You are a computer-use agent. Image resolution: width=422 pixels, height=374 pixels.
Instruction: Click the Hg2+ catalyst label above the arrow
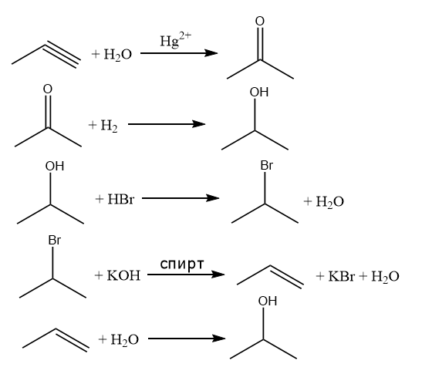coord(176,40)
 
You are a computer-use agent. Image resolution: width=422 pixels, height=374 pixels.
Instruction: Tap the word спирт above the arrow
coord(182,264)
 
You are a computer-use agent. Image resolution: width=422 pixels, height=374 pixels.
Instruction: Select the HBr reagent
coord(120,199)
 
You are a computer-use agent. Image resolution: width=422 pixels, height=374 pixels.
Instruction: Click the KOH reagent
coord(123,275)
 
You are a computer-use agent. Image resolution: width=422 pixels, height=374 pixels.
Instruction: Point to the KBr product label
coord(341,276)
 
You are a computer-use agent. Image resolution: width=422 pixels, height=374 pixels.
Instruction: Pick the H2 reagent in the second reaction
coord(109,126)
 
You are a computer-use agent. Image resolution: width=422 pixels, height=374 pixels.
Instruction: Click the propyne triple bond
coord(63,55)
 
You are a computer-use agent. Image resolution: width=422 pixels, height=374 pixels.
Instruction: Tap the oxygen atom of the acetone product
coord(260,22)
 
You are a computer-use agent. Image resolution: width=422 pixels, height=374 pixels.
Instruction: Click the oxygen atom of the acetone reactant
coord(48,89)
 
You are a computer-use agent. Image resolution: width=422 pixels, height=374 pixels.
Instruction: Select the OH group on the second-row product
coord(259,92)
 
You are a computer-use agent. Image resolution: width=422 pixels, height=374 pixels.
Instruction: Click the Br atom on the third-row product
coord(267,165)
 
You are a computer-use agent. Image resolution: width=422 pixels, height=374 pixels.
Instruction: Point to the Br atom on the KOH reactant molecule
coord(54,241)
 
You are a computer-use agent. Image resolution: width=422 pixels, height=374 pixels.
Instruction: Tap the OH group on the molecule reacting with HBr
coord(55,166)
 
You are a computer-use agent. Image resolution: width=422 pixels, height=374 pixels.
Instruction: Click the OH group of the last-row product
coord(268,301)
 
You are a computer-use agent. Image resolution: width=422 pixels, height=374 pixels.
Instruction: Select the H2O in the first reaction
coord(117,55)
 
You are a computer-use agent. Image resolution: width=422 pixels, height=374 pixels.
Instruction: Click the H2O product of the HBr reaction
coord(329,202)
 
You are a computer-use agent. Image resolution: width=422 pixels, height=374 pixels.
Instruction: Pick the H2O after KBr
coord(385,277)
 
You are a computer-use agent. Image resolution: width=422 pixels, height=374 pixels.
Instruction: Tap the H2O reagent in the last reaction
coord(125,340)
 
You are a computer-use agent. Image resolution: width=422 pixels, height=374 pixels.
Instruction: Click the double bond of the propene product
coord(286,277)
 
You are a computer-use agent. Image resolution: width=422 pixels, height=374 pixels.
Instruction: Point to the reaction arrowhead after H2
coord(199,124)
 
